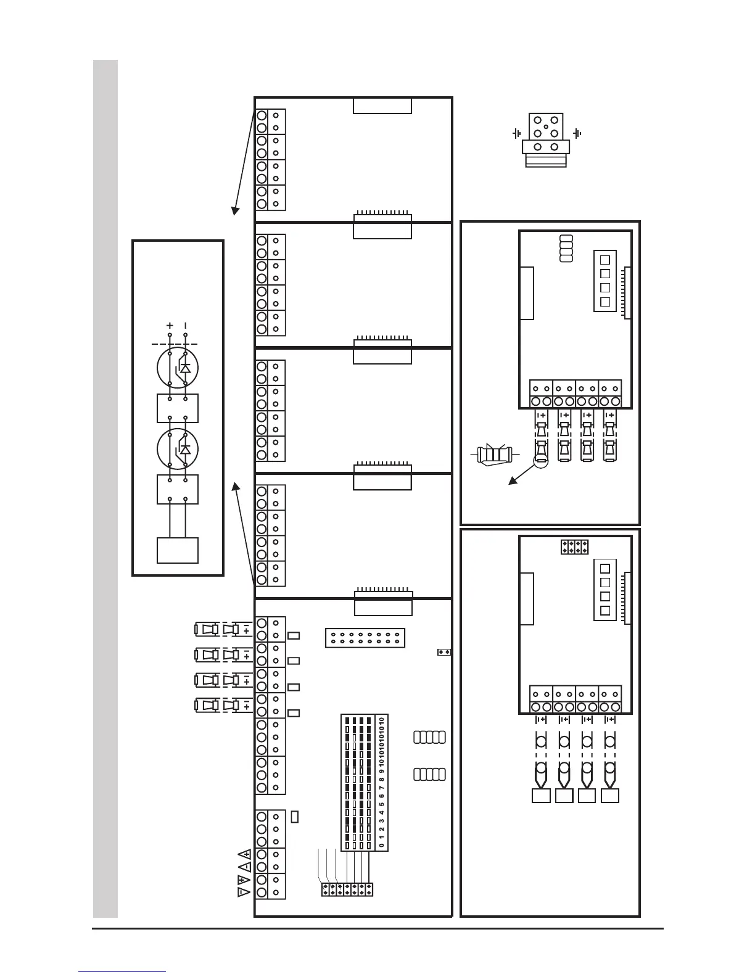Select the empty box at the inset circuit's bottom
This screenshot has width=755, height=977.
tap(178, 550)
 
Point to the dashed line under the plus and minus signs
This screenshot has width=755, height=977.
tap(178, 344)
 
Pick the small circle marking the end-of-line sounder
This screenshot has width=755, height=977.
tap(540, 460)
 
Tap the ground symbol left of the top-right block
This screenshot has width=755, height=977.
tap(516, 133)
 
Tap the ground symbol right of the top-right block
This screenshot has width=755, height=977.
tap(578, 133)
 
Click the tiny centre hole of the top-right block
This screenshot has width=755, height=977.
tap(546, 127)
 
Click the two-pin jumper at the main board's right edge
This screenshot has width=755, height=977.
tap(444, 651)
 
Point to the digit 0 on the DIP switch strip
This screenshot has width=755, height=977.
tap(382, 846)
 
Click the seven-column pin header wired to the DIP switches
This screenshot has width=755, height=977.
tap(347, 889)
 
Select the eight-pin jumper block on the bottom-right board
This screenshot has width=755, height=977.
tap(575, 546)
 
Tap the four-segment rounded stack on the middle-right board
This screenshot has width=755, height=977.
tap(566, 248)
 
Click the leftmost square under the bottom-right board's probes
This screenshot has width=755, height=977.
tap(540, 796)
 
